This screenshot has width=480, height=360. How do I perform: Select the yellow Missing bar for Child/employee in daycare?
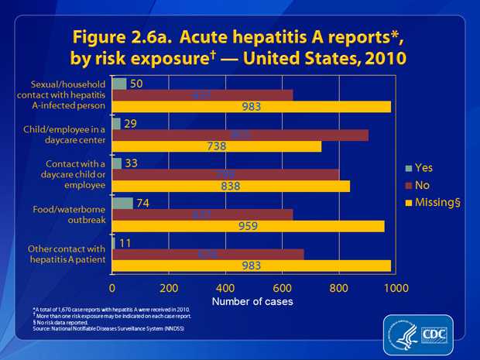(217, 146)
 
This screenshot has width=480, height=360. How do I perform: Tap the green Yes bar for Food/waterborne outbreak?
(123, 203)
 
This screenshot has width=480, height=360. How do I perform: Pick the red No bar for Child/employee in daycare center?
(240, 135)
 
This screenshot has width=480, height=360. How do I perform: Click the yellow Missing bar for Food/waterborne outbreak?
(249, 226)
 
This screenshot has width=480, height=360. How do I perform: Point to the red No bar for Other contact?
(208, 254)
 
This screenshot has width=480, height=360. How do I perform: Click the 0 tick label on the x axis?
(113, 288)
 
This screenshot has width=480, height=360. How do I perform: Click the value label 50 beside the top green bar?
(136, 84)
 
